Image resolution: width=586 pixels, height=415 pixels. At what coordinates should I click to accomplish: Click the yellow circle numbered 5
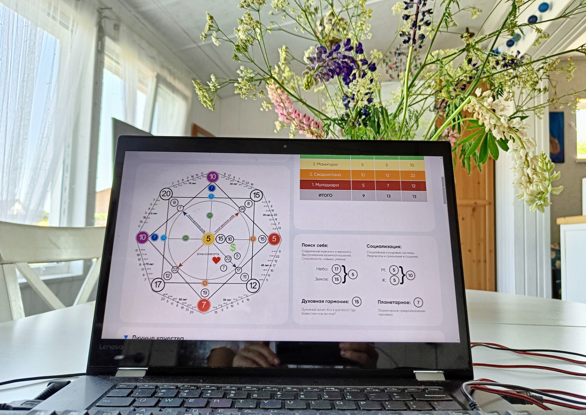click(208, 239)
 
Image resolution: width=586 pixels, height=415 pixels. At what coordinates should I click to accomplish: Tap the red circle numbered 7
click(204, 305)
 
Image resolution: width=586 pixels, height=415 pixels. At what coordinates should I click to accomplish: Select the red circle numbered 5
click(274, 239)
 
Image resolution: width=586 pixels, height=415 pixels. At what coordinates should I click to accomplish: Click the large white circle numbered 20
click(166, 194)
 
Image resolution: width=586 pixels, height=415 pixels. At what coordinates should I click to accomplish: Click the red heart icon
click(216, 260)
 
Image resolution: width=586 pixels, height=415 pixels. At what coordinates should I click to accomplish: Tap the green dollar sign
click(233, 248)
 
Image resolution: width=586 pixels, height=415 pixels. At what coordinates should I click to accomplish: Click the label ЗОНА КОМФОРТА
click(208, 254)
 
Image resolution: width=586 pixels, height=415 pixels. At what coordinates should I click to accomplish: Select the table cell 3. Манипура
click(325, 164)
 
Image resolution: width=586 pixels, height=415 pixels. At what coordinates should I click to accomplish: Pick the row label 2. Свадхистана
click(325, 174)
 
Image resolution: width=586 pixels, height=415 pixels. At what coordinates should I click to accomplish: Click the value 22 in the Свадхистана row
click(413, 175)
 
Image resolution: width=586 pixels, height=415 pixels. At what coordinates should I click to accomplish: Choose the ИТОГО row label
click(325, 195)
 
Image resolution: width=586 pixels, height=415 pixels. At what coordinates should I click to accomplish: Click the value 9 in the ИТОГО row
click(364, 196)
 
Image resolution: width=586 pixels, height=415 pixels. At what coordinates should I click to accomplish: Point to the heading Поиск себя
click(315, 245)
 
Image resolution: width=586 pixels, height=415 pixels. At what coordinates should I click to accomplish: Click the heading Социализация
click(384, 246)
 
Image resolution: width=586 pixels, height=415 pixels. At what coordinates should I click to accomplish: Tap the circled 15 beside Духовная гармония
click(356, 302)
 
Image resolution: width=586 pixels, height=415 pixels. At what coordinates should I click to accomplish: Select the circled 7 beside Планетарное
click(418, 303)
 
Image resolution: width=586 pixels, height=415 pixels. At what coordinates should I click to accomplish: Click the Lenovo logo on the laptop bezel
click(111, 347)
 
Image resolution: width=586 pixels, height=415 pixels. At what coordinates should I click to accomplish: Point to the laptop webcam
click(285, 146)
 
